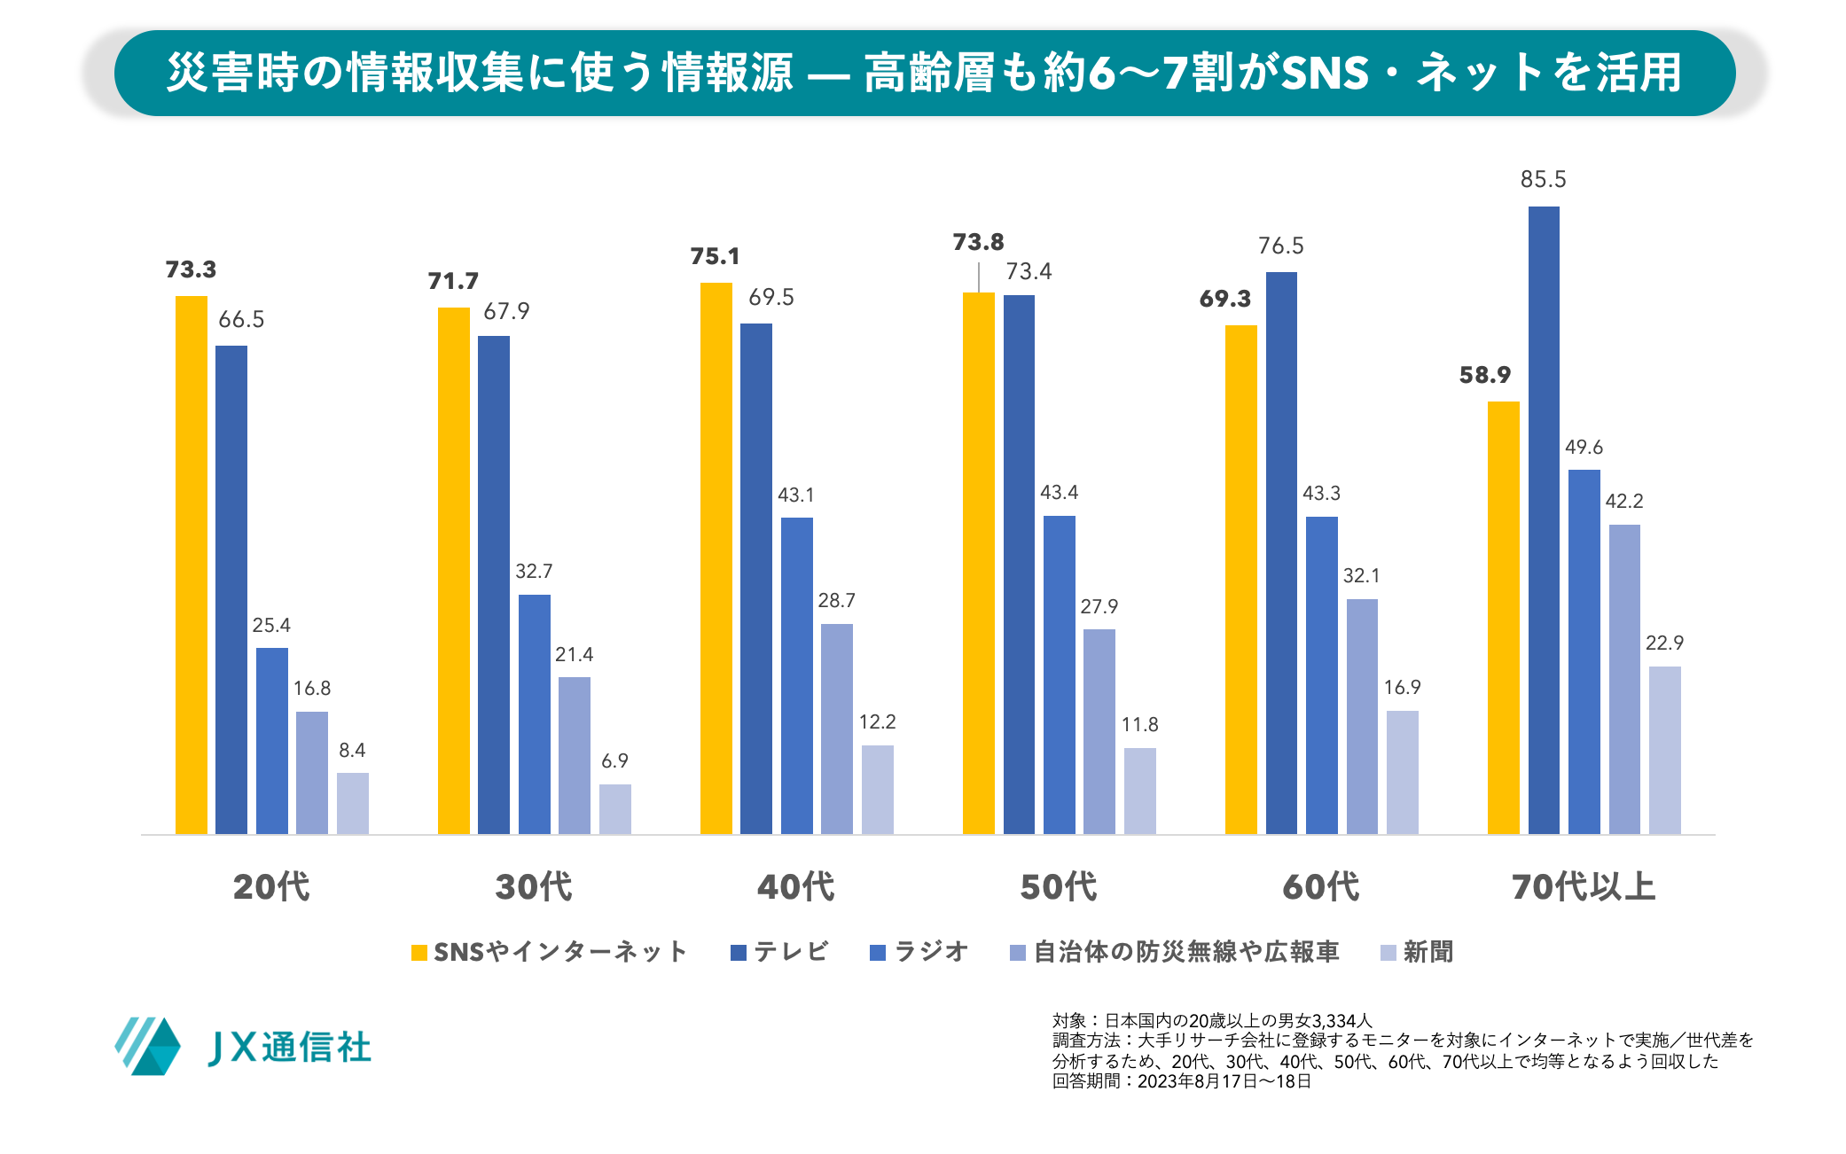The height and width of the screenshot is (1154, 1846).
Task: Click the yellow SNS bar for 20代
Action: click(191, 565)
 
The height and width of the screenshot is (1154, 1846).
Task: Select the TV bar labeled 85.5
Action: click(1543, 520)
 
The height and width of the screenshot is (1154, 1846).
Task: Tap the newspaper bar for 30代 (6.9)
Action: click(614, 808)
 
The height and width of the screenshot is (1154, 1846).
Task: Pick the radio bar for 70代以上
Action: click(1584, 651)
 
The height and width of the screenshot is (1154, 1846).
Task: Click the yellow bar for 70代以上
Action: click(1503, 618)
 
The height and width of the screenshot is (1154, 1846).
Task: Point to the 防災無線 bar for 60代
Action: click(1362, 716)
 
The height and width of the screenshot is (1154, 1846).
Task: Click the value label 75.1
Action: click(715, 257)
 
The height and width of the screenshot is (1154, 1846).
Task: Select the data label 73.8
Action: click(978, 243)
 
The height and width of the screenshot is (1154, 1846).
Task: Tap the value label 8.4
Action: click(352, 751)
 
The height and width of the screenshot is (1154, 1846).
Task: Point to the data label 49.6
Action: click(1584, 448)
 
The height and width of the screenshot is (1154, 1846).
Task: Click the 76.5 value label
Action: click(1280, 246)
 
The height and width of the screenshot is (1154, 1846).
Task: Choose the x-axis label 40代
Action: click(795, 887)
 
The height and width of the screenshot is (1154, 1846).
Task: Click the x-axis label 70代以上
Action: click(1583, 887)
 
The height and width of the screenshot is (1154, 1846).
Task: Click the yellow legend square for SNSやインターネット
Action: click(419, 953)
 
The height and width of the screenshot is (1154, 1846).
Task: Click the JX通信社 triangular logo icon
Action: click(148, 1047)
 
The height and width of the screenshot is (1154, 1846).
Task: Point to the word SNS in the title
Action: click(1326, 73)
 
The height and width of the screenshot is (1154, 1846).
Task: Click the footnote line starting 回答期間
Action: click(1181, 1081)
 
